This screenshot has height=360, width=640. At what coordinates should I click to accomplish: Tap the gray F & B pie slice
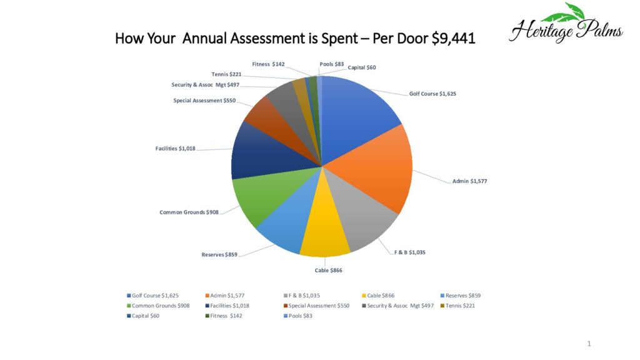pos(362,222)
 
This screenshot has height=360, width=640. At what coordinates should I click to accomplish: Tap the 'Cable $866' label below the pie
pos(328,270)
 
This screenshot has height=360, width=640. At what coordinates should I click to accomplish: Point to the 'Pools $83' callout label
pos(331,64)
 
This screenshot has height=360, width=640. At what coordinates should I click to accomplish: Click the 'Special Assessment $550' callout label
pos(204,100)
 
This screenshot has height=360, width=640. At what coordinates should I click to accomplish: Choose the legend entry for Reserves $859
pos(462,295)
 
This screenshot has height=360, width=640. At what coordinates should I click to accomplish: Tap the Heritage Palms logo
pos(565,25)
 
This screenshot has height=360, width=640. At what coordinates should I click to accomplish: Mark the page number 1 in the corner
pos(589,343)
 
